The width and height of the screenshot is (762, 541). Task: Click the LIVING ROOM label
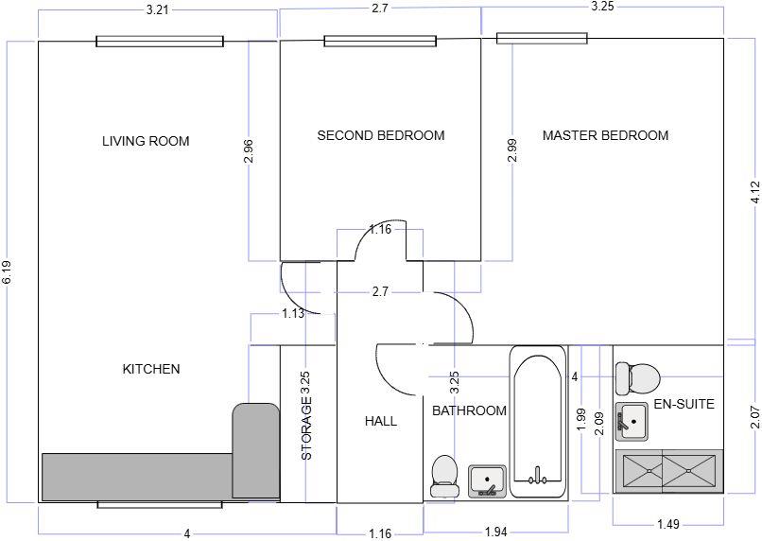146,141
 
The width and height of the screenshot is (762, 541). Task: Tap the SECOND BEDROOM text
380,135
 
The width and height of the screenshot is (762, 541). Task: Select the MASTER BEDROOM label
605,135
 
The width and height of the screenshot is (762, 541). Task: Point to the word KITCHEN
151,369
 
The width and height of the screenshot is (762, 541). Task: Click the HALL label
380,421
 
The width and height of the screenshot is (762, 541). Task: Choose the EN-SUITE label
684,404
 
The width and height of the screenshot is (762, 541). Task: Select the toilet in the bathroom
442,476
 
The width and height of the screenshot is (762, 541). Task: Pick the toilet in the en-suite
638,379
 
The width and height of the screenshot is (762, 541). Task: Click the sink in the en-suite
632,421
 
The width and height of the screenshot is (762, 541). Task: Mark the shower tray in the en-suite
667,470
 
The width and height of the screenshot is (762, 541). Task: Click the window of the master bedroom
543,38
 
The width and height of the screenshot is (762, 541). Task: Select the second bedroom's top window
380,41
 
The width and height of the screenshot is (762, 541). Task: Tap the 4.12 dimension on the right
753,193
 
